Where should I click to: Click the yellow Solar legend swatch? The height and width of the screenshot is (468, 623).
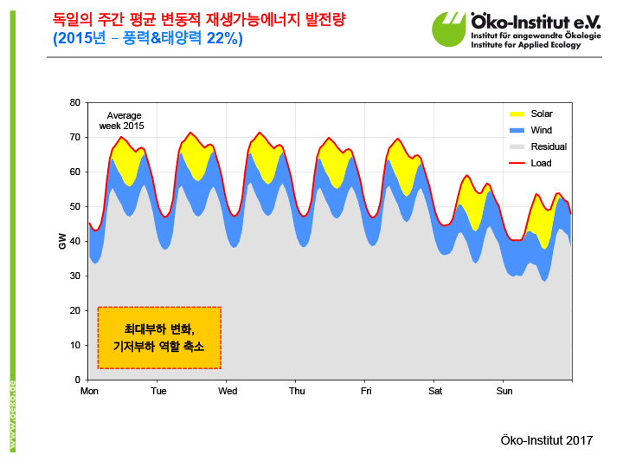click(x=517, y=114)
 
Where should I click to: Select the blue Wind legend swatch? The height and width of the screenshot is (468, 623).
click(x=517, y=130)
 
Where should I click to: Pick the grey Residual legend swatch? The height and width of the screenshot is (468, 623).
click(x=517, y=146)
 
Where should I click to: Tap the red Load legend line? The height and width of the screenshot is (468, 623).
click(x=517, y=163)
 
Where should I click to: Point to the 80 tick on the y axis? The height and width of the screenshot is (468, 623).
click(x=74, y=102)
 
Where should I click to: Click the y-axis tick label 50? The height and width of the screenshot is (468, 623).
click(x=74, y=206)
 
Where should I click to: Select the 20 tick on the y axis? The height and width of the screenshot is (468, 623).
click(x=74, y=310)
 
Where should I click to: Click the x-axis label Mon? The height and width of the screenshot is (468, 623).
click(x=89, y=391)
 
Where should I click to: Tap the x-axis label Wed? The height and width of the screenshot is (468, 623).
click(x=228, y=391)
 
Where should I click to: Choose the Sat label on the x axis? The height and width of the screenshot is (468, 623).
click(x=434, y=391)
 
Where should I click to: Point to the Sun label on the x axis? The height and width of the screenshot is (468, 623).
click(x=504, y=391)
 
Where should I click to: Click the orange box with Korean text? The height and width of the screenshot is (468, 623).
click(x=159, y=337)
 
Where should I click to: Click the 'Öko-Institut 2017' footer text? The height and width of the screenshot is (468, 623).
click(x=547, y=440)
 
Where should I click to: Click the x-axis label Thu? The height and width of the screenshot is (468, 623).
click(x=296, y=391)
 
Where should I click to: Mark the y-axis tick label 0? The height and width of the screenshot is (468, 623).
click(x=77, y=380)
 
